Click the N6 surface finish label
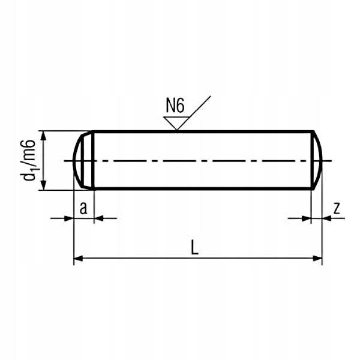(x=175, y=106)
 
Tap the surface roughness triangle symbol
(x=176, y=124)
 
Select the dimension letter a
(x=83, y=208)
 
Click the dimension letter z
(x=337, y=208)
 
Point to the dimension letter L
(x=194, y=247)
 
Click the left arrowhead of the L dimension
(x=78, y=259)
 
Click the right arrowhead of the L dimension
(x=318, y=259)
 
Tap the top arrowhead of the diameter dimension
(x=43, y=136)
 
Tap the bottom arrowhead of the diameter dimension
(x=43, y=185)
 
